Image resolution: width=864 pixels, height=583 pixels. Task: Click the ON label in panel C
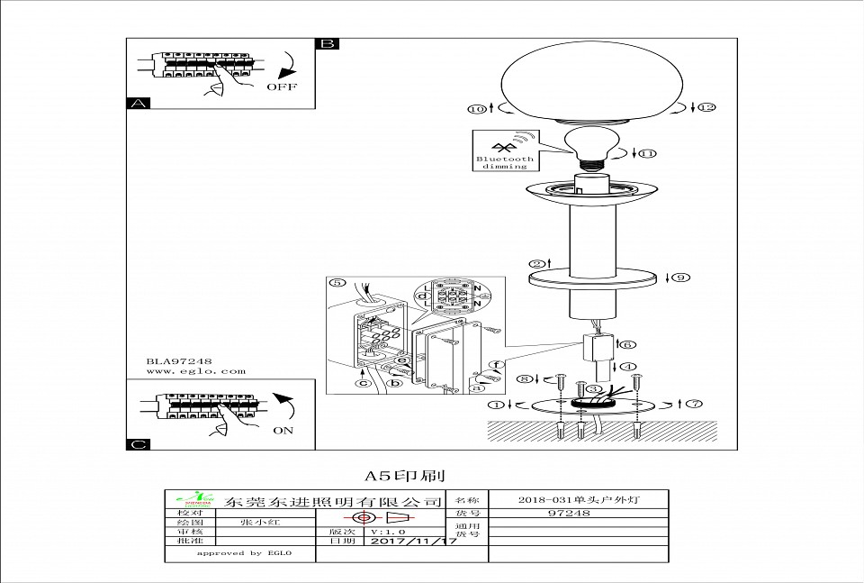coord(283,431)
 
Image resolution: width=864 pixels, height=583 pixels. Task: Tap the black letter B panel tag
coord(328,43)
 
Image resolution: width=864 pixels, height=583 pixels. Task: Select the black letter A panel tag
coord(137,104)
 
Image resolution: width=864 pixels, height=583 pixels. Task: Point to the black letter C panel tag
coord(137,443)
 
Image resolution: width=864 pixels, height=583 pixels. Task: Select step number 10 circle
coord(476,109)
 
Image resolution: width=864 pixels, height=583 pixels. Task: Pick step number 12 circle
coord(706,108)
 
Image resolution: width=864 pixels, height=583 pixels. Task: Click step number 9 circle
coord(681,278)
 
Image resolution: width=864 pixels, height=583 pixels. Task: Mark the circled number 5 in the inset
coord(337,283)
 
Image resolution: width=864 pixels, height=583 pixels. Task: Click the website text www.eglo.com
coord(195,370)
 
